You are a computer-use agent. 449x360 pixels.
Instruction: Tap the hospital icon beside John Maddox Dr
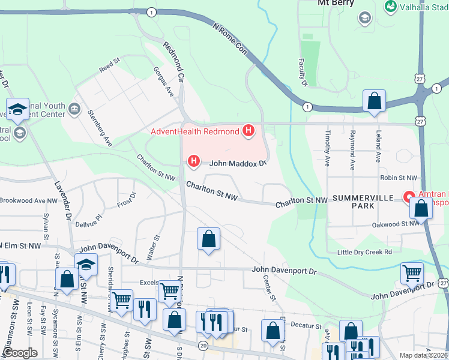coord(193,161)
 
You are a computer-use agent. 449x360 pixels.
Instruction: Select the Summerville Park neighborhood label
coord(363,202)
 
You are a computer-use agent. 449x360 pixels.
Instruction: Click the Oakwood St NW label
coord(395,223)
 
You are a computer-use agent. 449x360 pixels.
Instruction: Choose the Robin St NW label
coord(398,178)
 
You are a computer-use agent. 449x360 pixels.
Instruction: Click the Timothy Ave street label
coord(328,149)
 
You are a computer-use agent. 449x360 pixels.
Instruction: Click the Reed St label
coord(110,64)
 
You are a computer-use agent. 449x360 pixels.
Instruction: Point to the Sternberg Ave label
coord(100,128)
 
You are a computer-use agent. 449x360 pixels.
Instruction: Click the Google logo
coord(20,353)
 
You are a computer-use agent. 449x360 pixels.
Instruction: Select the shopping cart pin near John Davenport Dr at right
coord(412,273)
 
